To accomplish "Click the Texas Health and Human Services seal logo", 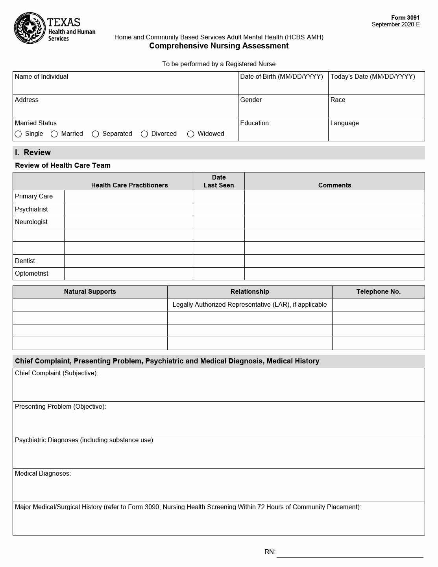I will coord(30,28).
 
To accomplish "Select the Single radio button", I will coord(18,134).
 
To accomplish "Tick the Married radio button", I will coord(54,134).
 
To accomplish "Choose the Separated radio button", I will coord(95,134).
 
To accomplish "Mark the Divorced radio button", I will coord(144,134).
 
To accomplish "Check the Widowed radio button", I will coord(191,134).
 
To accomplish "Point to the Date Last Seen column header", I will coord(218,181).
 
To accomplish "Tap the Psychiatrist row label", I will coord(31,209).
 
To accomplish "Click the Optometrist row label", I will coord(31,273).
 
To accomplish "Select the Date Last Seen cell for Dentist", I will coord(218,261).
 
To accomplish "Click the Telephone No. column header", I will coord(378,291).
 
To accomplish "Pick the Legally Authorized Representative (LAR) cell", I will coord(249,304).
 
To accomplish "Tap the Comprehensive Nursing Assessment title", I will coord(219,46).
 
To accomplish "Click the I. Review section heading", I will coord(33,152).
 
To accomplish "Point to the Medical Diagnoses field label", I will coord(43,473).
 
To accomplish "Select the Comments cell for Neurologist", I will coord(335,222).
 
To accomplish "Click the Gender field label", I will coord(251,100).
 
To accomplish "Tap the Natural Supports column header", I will coord(90,291).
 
